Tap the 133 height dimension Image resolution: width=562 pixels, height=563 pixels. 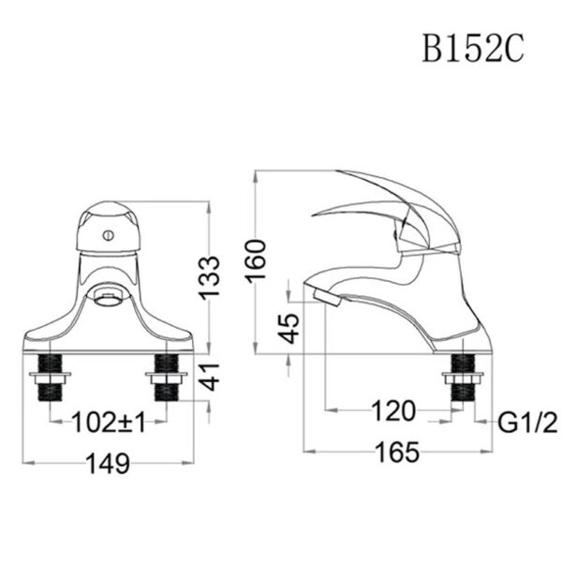[x=215, y=275]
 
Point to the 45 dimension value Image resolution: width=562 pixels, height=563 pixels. [x=291, y=328]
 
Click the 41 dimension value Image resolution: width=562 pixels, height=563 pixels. [x=215, y=378]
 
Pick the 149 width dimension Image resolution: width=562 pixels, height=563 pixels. [x=108, y=463]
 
